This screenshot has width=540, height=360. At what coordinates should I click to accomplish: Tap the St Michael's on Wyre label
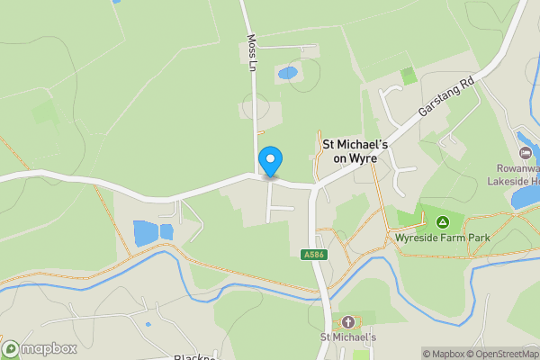pos(355,149)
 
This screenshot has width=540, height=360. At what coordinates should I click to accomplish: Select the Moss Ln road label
pos(252,54)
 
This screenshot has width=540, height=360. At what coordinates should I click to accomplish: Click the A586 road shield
pos(312,256)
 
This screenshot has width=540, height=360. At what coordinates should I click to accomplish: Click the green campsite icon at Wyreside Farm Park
pos(442,221)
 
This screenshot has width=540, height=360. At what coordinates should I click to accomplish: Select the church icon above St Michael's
pos(348,321)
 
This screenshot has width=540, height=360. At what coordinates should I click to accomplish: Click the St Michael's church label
pos(348,337)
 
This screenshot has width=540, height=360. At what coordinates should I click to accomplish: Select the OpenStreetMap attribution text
pos(500,354)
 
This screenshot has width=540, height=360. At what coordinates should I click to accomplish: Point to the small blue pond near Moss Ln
pos(287,72)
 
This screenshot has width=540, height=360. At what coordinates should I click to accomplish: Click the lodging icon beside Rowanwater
pos(525,139)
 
